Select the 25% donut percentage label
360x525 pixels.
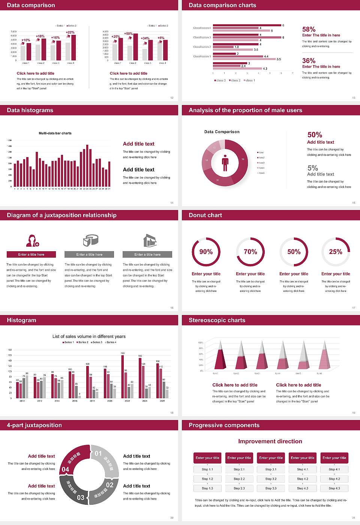click(x=336, y=252)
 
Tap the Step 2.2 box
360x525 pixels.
click(x=239, y=478)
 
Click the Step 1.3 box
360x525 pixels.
click(x=207, y=488)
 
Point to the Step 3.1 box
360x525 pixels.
click(x=271, y=469)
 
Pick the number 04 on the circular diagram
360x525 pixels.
click(x=65, y=469)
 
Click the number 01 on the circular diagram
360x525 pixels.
click(x=98, y=453)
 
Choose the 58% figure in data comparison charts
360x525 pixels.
click(x=309, y=29)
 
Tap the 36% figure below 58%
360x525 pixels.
click(x=309, y=61)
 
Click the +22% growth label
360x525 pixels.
click(x=70, y=32)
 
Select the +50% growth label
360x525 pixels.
click(x=128, y=33)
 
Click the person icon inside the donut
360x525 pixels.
click(x=225, y=162)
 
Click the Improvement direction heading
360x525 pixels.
click(x=270, y=441)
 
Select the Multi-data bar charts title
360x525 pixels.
click(x=55, y=133)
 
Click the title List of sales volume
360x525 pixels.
click(x=89, y=336)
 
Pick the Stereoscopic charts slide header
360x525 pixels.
click(x=217, y=320)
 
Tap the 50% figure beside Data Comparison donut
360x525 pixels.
click(x=315, y=135)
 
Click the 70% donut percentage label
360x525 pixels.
click(x=250, y=252)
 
